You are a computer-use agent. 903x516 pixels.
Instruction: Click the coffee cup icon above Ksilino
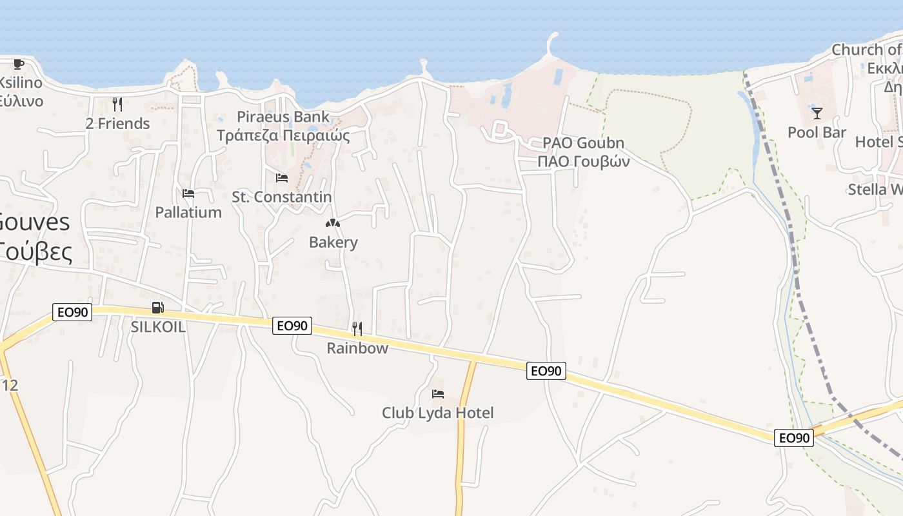click(x=19, y=64)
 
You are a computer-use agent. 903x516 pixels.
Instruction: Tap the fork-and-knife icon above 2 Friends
click(x=117, y=104)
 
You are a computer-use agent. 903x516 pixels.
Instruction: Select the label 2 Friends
click(x=117, y=123)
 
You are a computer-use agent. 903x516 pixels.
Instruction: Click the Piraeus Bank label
click(x=283, y=117)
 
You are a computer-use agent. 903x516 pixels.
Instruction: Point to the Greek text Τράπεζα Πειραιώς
click(x=283, y=135)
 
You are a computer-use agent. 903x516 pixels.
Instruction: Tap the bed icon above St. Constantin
click(x=282, y=177)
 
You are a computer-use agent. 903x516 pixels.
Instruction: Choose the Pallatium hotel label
click(x=188, y=212)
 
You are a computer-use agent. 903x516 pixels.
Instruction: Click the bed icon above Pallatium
click(x=188, y=193)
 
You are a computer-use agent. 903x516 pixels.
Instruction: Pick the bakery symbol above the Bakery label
click(x=333, y=223)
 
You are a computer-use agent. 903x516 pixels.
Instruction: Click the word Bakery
click(x=333, y=243)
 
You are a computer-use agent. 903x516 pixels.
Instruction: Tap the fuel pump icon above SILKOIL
click(x=157, y=308)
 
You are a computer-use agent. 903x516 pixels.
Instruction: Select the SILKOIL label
click(x=158, y=327)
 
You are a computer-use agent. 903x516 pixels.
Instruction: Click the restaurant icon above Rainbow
click(x=357, y=329)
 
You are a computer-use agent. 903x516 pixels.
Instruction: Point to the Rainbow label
click(x=357, y=348)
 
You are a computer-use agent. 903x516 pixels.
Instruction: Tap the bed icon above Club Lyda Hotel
click(x=438, y=393)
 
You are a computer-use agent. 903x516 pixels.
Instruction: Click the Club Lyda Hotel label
click(x=438, y=413)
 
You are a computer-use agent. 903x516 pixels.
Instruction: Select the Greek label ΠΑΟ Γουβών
click(x=584, y=161)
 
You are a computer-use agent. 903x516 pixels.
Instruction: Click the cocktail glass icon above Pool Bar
click(x=817, y=114)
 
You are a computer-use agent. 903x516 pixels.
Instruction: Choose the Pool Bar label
click(x=817, y=133)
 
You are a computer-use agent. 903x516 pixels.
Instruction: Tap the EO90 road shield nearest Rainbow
click(x=292, y=326)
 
